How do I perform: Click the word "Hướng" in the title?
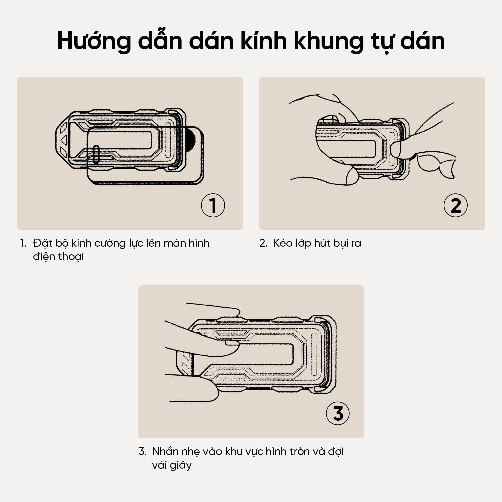pos(94,41)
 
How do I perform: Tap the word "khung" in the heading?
pos(329,41)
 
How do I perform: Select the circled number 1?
pos(213,205)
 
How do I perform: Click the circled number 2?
pos(455,205)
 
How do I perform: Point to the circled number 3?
pos(338,413)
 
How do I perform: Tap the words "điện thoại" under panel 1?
pos(58,257)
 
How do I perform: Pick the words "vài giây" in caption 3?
pos(172,465)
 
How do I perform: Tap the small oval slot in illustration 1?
pos(96,155)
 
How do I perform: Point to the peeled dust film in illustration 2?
pos(437,164)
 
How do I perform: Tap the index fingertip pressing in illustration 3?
pos(232,348)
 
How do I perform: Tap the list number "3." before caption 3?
pos(142,452)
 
